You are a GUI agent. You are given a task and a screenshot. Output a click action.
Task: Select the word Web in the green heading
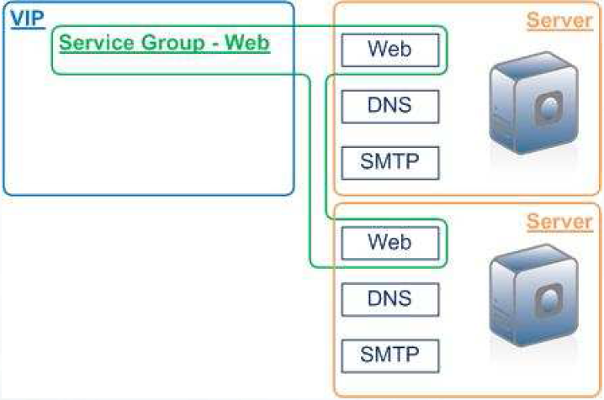pos(251,42)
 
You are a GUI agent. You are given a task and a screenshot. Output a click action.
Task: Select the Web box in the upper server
pos(390,50)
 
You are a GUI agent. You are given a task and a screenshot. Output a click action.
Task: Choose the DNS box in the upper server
pos(390,106)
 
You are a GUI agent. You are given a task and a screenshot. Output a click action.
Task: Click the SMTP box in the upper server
pos(390,161)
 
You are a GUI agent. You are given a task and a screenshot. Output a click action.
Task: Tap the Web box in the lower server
pos(390,243)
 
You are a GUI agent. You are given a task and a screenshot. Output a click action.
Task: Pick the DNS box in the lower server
pos(390,298)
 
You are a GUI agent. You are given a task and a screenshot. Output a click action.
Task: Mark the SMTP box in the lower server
pos(390,354)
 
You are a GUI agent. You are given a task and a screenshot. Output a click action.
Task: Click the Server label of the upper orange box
pos(559,21)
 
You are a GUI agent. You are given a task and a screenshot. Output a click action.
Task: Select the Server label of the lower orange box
pos(559,222)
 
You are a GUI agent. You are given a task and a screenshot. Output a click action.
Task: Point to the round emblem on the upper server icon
pos(548,108)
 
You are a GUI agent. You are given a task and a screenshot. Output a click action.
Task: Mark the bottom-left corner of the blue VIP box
pos(5,192)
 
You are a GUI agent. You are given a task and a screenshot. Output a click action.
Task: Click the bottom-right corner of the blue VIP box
pos(293,192)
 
